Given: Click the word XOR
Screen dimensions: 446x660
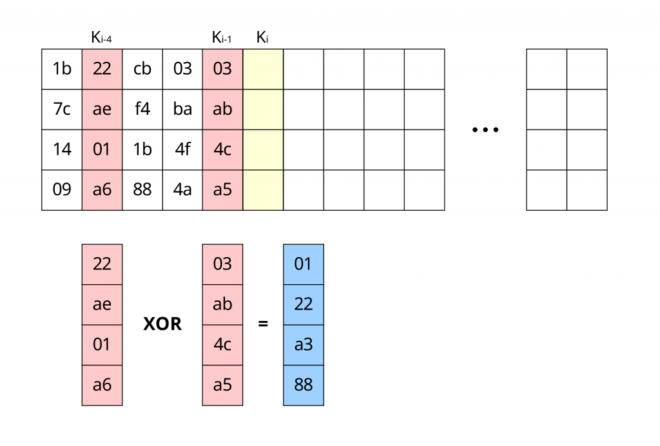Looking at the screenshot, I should (x=162, y=324).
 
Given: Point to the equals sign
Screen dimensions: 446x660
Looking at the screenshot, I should (x=263, y=324).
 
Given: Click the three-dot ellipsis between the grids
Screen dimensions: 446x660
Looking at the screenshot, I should (x=485, y=130).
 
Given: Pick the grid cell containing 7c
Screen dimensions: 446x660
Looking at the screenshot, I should (x=62, y=109).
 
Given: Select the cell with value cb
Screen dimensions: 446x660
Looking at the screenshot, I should (x=142, y=69).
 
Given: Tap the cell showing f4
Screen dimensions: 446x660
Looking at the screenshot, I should (x=142, y=109).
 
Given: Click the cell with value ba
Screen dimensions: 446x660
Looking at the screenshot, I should (x=182, y=109).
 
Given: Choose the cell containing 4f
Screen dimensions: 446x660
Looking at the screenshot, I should (x=182, y=150).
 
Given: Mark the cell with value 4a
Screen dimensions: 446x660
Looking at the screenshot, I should (x=182, y=189).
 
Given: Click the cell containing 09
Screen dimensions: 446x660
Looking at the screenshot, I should (x=62, y=189).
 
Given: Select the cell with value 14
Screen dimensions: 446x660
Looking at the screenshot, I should (x=62, y=150).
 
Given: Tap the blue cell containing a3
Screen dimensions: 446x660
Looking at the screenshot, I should (x=303, y=345).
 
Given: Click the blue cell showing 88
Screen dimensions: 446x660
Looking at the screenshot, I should (x=303, y=385).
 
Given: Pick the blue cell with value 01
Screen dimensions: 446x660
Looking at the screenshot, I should (x=303, y=264).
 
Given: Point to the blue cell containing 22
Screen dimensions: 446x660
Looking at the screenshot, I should (x=303, y=304).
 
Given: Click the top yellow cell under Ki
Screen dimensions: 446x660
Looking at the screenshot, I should (x=263, y=69).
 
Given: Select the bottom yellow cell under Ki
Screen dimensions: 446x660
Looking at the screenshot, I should (x=263, y=189).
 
